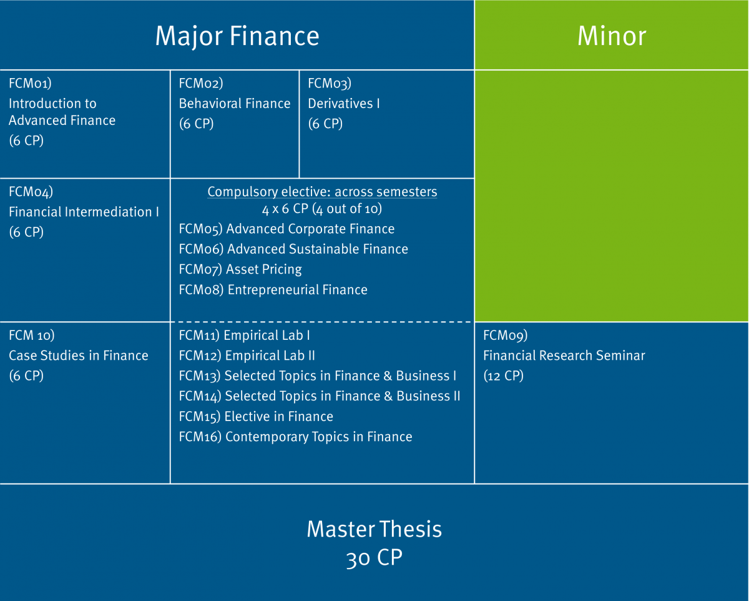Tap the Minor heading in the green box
pos(612,36)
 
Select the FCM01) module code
pos(31,84)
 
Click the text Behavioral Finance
pos(235,104)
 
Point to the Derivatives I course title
pos(344,104)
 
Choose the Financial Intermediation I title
pos(84,212)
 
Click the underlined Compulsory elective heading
pos(322,192)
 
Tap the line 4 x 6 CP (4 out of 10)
pos(322,209)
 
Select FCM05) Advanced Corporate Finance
pos(286,229)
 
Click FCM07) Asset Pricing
pos(240,269)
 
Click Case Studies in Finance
pos(79,355)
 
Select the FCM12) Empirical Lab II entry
pos(247,355)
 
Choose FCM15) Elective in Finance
pos(256,416)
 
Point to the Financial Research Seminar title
pos(564,355)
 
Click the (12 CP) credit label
pos(503,375)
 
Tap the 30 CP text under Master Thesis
pos(374,557)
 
